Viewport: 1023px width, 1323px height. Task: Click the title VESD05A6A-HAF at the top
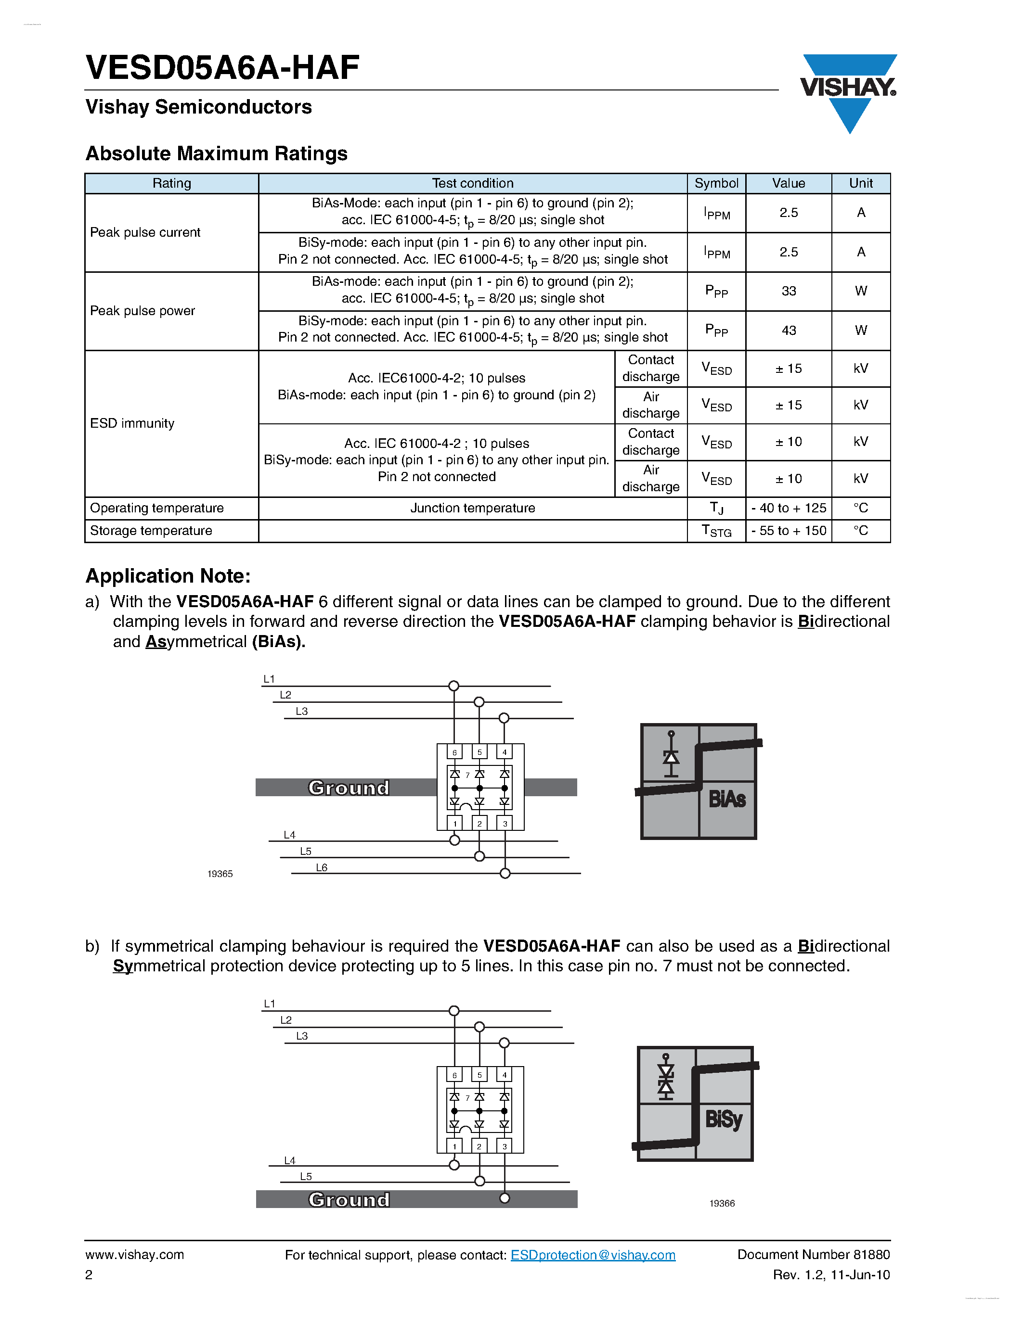point(222,67)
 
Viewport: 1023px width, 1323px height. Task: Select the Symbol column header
point(716,183)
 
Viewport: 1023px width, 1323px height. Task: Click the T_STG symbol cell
point(716,531)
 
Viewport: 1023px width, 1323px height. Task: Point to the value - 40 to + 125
point(788,508)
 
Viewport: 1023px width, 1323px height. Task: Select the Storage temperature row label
point(151,531)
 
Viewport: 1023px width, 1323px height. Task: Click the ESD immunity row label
point(132,423)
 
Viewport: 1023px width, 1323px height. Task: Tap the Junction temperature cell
point(472,508)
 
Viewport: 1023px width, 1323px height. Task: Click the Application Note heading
point(168,575)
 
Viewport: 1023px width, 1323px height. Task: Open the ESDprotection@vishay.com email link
point(592,1255)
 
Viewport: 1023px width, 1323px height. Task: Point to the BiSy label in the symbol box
point(724,1119)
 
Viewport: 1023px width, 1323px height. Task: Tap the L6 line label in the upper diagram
point(321,868)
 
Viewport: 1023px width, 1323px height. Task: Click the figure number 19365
point(220,874)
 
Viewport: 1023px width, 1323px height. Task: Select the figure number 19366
point(721,1204)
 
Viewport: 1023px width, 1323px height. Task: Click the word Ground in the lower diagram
point(349,1199)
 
